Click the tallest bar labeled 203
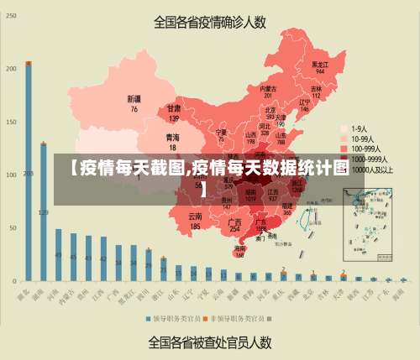28,172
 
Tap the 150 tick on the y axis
12,123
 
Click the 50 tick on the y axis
12,227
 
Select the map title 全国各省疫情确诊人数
210,23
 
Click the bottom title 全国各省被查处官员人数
210,342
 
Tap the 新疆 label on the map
134,102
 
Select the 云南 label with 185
195,221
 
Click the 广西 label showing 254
235,225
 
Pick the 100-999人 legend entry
367,148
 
